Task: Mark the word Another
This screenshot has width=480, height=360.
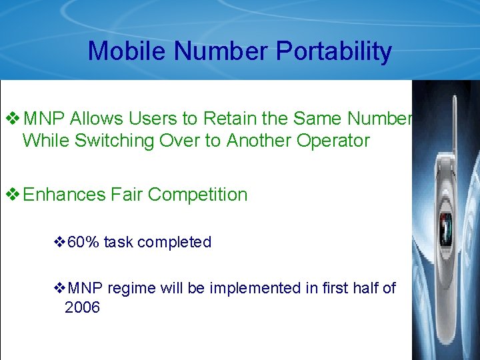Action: point(256,141)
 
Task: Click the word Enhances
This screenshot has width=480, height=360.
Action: point(65,195)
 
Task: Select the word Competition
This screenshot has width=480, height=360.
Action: point(197,195)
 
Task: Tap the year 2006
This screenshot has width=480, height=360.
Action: point(82,307)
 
